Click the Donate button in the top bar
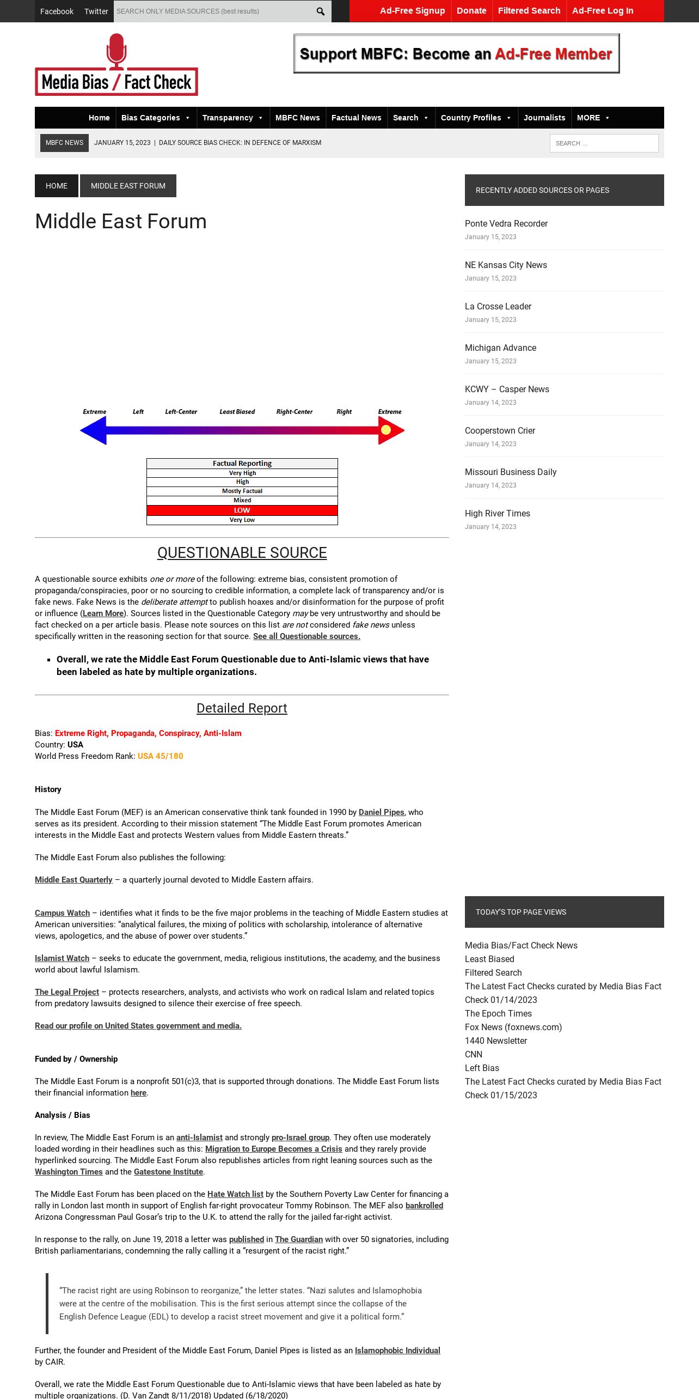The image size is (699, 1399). pyautogui.click(x=471, y=11)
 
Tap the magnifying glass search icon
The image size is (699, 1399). pyautogui.click(x=321, y=11)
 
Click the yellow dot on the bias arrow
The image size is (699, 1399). pyautogui.click(x=386, y=430)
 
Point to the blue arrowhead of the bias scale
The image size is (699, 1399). pyautogui.click(x=94, y=430)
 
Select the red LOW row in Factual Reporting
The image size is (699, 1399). pyautogui.click(x=242, y=510)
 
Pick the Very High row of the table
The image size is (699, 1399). pyautogui.click(x=242, y=473)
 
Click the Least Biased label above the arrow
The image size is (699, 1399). pyautogui.click(x=237, y=412)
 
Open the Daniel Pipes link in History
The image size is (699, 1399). pyautogui.click(x=381, y=812)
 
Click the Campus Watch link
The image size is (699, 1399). pyautogui.click(x=62, y=913)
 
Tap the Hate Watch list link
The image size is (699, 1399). pyautogui.click(x=235, y=1194)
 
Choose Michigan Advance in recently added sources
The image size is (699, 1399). pyautogui.click(x=500, y=348)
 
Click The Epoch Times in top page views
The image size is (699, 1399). pyautogui.click(x=498, y=1014)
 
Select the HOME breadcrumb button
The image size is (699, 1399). pyautogui.click(x=57, y=186)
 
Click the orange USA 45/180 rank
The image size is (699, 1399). pyautogui.click(x=160, y=756)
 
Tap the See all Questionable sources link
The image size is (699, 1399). pyautogui.click(x=306, y=636)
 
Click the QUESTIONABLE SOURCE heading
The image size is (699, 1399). pyautogui.click(x=242, y=553)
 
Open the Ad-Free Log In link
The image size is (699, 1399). pyautogui.click(x=603, y=11)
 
